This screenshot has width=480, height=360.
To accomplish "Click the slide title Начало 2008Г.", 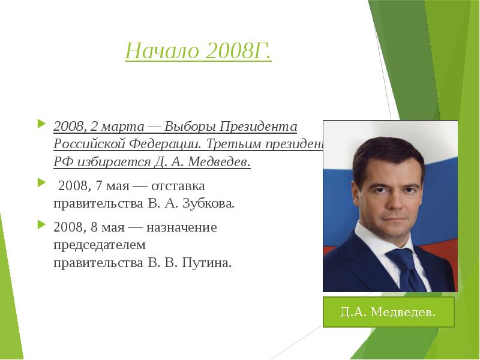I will coord(198,52).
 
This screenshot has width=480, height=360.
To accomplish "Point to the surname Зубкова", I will coord(210,203).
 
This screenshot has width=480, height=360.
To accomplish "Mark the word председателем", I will coord(100,245).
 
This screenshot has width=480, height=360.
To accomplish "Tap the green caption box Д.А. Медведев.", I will coord(388,312).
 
